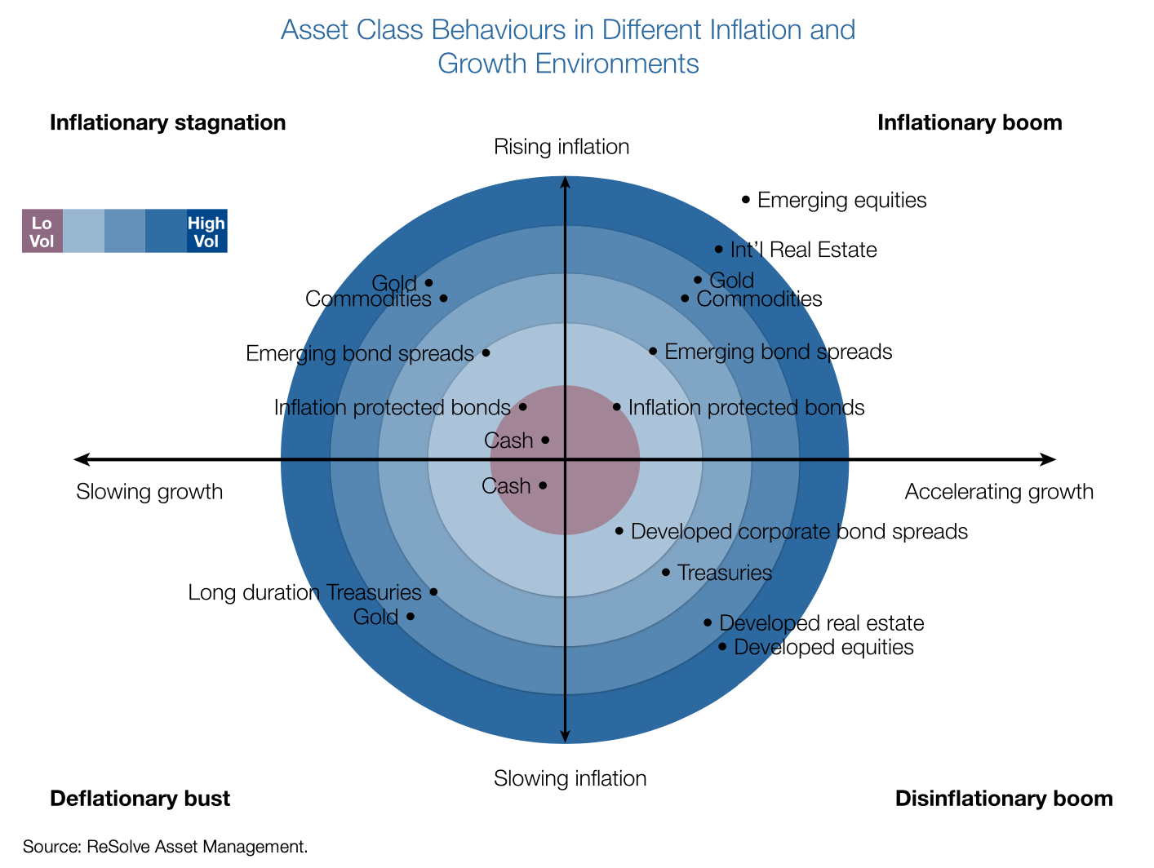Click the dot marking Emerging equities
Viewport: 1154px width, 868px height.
coord(745,199)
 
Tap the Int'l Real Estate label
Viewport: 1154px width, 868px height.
coord(803,250)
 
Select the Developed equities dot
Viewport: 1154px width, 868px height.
coord(722,647)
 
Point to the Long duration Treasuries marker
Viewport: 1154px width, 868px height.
coord(433,591)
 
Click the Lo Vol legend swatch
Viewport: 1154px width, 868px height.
coord(42,231)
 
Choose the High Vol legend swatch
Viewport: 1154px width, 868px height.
coord(206,231)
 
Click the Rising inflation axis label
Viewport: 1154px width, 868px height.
coord(561,147)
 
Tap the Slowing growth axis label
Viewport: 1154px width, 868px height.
coord(149,492)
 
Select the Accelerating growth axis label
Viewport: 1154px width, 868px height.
coord(999,492)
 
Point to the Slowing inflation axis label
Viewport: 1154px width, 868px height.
coord(570,778)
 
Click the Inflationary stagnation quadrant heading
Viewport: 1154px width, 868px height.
coord(168,122)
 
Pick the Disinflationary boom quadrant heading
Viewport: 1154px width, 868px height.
coord(1004,798)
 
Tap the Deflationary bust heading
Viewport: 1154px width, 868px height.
coord(140,798)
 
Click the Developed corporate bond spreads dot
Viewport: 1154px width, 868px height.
coord(619,531)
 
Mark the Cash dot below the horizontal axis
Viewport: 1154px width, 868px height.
coord(543,485)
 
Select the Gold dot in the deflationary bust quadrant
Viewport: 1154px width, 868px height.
coord(410,616)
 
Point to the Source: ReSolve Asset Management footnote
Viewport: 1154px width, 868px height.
coord(166,847)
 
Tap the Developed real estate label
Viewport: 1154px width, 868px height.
coord(821,623)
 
